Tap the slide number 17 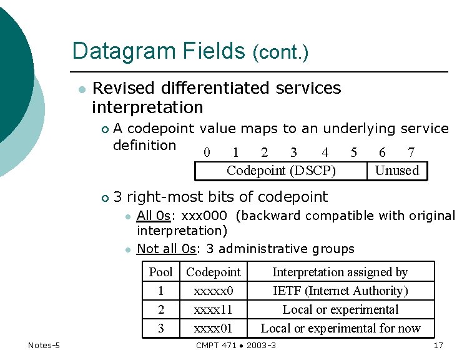(438, 346)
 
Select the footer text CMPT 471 (217, 346)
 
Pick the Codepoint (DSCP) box (281, 171)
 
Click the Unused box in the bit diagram (397, 171)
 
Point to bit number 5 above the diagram (354, 152)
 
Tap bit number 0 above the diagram (207, 152)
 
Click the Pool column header (160, 272)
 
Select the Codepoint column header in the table (213, 272)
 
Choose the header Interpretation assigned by (340, 272)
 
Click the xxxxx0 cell (214, 291)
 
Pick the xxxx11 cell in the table (214, 309)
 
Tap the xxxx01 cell (214, 328)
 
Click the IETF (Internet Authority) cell (340, 291)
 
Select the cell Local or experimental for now (340, 328)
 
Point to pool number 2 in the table (160, 309)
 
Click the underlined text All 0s (153, 216)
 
